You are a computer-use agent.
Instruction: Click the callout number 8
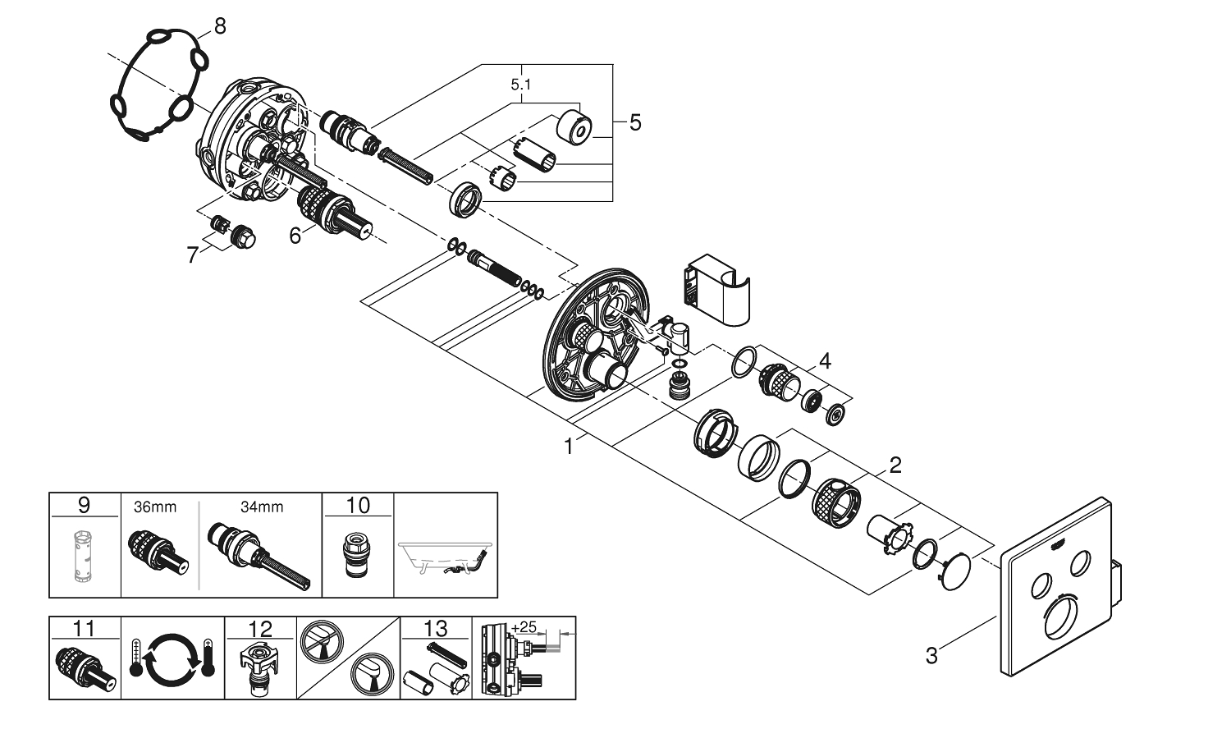219,27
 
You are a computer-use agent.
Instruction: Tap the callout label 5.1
521,85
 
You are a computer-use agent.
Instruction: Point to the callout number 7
193,255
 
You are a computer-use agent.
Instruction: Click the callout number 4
824,360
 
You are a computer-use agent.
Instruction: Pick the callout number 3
931,655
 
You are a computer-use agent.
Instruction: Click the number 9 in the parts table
85,505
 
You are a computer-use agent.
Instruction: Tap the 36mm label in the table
154,507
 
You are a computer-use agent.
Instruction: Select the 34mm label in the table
262,507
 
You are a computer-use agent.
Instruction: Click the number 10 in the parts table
358,505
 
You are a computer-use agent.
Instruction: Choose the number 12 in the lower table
260,629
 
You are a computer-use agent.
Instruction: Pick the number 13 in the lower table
436,629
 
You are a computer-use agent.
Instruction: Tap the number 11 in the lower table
85,629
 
